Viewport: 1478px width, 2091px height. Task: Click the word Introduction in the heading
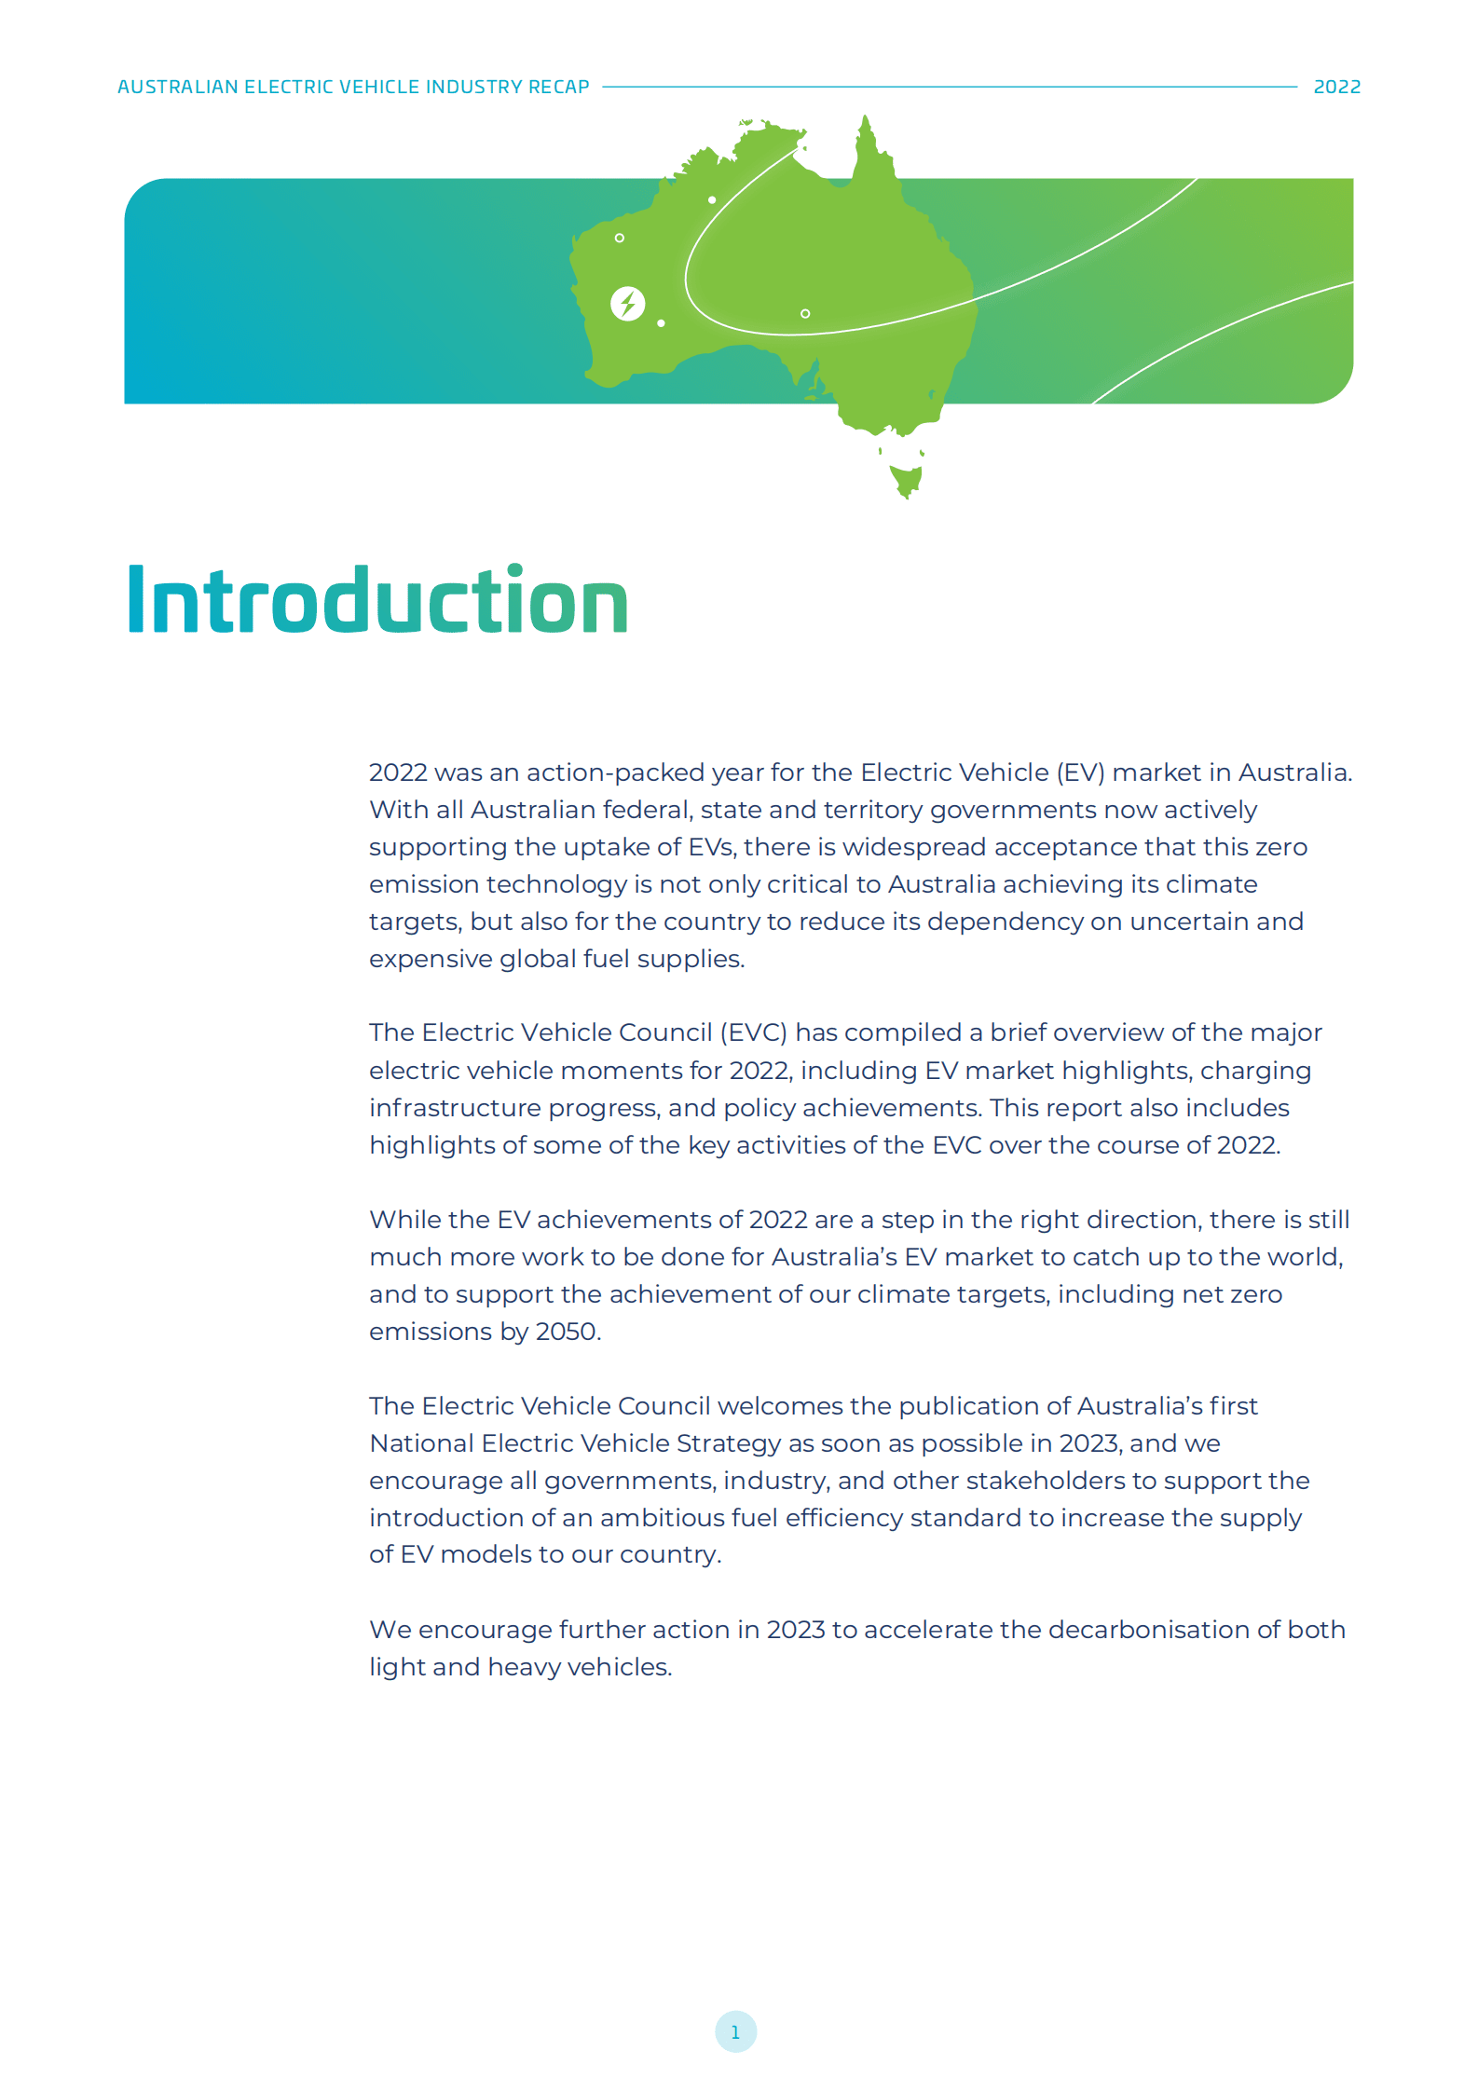click(x=377, y=601)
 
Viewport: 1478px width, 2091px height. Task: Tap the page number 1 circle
click(x=735, y=2031)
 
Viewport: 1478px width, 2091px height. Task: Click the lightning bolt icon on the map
click(x=627, y=304)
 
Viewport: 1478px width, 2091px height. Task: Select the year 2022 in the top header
click(x=1336, y=87)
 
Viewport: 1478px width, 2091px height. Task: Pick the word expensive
click(x=430, y=959)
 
